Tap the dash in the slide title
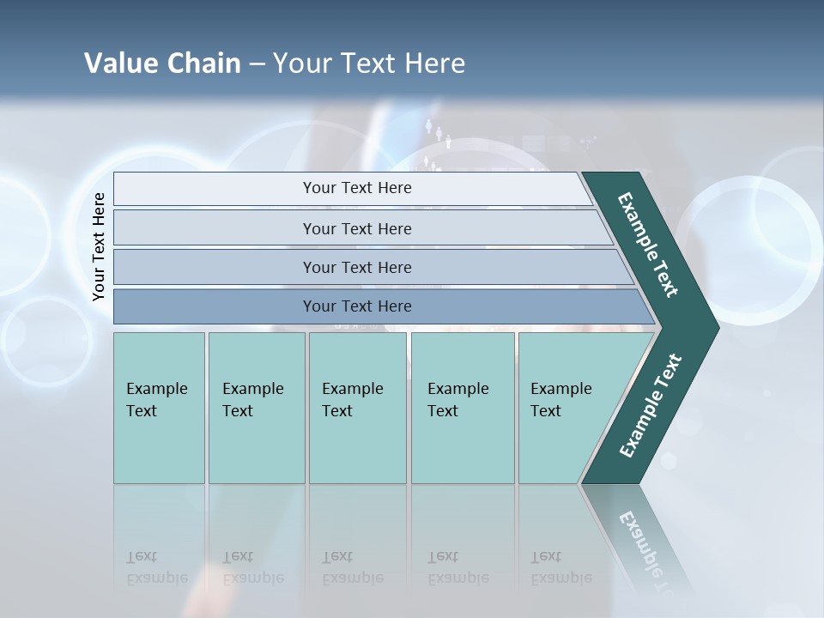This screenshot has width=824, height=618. click(x=257, y=64)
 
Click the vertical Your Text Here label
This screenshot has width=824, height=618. click(x=99, y=247)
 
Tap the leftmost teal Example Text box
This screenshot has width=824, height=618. click(x=159, y=408)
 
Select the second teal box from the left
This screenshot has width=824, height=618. click(x=257, y=408)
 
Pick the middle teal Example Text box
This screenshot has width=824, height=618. click(x=357, y=408)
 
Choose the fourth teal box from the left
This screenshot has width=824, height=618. click(x=463, y=408)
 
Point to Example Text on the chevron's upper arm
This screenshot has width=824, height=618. click(x=648, y=244)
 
